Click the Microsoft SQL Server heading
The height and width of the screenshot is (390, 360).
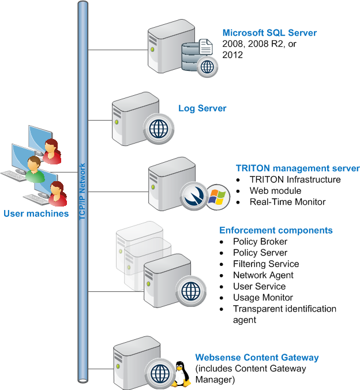coord(269,33)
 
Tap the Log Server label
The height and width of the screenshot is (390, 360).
coord(202,108)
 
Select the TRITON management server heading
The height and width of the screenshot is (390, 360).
coord(298,168)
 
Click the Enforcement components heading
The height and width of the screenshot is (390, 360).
coord(276,230)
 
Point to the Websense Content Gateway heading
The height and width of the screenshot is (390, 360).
coord(257,358)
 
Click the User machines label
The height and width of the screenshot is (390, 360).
coord(36,213)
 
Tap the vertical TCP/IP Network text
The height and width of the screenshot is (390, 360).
coord(82,192)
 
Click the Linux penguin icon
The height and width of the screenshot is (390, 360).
coord(180,374)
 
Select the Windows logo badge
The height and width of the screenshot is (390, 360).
coord(217,197)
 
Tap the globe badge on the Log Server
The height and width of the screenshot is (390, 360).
coord(159,129)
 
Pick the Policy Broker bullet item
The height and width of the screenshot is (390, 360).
coord(260,242)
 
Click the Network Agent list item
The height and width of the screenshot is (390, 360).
coord(263,275)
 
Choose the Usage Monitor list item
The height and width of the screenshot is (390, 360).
coord(263,298)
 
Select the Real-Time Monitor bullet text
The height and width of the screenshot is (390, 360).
coord(288,202)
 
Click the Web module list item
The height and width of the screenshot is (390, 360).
coord(275,191)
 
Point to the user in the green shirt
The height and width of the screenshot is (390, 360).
coord(35,170)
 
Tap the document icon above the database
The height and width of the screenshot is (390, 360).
coord(205,47)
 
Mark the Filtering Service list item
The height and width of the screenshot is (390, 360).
coord(266,264)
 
